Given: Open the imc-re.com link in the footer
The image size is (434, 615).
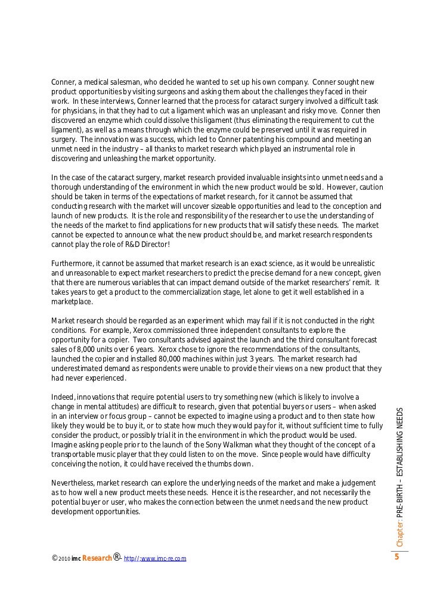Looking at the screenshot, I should click(x=155, y=559).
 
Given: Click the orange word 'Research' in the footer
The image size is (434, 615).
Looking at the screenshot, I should click(x=96, y=559).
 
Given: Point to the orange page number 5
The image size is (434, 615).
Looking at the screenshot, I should click(x=396, y=558).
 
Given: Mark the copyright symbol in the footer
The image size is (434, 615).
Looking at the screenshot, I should click(x=54, y=558).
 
